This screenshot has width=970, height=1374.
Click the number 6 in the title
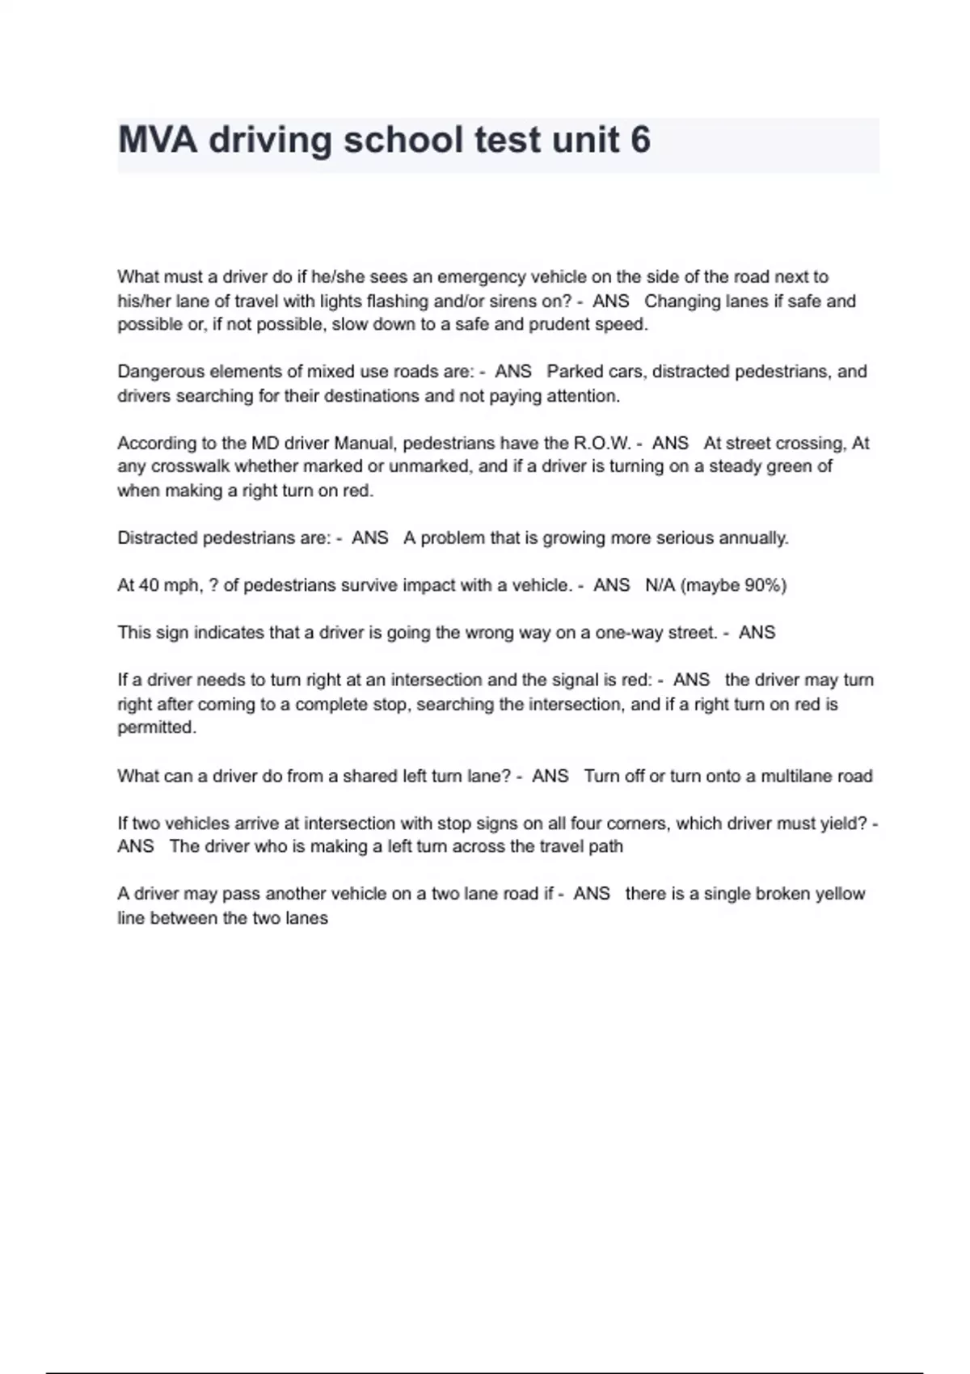[x=639, y=140]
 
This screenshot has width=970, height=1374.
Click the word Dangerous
[x=160, y=372]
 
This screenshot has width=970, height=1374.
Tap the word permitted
[x=156, y=727]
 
